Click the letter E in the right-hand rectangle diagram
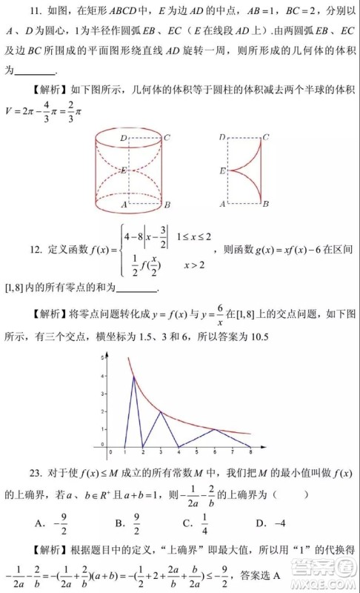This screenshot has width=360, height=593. (x=222, y=170)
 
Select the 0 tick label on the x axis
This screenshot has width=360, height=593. (x=110, y=451)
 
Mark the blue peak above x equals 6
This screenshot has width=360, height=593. (x=215, y=429)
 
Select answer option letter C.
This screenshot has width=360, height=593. (x=187, y=525)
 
